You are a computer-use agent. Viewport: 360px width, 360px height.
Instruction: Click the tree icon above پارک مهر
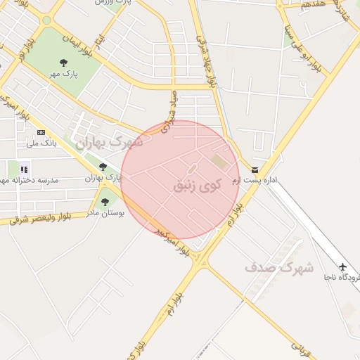(65, 63)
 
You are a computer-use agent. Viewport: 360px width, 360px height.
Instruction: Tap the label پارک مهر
(65, 73)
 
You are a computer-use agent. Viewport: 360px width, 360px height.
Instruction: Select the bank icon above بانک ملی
(41, 132)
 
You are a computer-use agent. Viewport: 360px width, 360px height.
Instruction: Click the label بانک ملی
(41, 143)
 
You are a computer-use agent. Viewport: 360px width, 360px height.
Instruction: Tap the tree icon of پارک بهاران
(103, 167)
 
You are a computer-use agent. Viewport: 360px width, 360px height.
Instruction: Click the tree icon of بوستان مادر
(105, 202)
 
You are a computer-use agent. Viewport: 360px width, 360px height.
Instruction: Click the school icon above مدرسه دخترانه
(25, 169)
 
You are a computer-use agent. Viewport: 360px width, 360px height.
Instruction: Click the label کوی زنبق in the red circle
(197, 186)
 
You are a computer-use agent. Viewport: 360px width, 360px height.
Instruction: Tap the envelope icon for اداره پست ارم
(254, 169)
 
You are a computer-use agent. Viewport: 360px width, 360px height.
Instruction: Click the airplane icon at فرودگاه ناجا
(342, 267)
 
